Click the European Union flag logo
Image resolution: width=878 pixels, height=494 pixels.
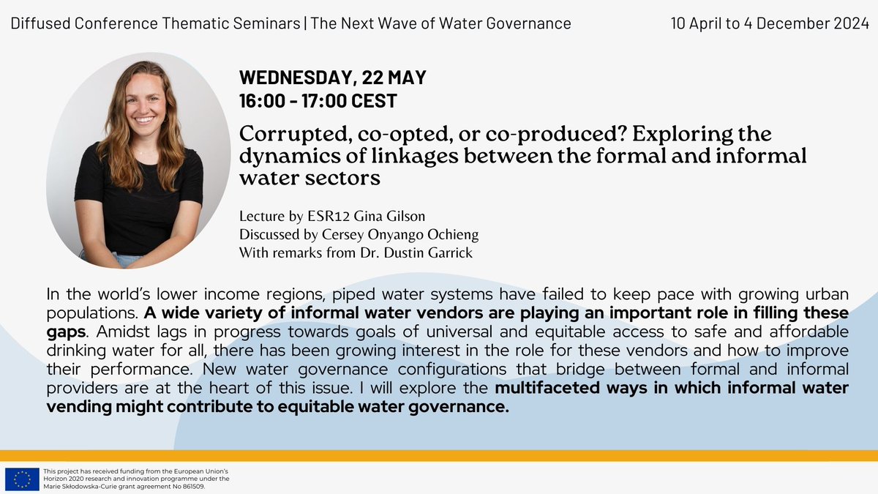[22, 479]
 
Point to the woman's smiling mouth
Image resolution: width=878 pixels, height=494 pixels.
[143, 119]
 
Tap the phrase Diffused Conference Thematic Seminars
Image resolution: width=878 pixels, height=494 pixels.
[155, 23]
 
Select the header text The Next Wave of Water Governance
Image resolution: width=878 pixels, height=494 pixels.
[440, 23]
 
